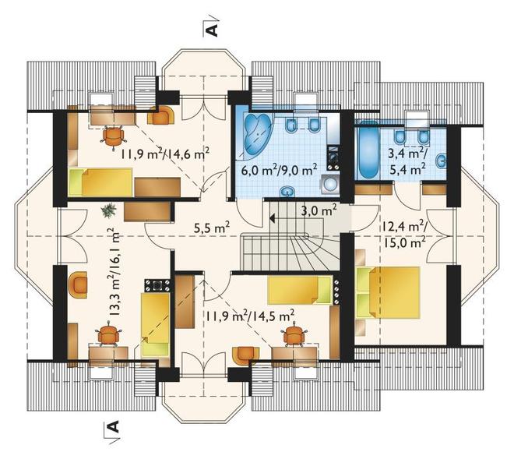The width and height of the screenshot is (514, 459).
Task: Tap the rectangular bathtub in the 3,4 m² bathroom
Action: (368, 151)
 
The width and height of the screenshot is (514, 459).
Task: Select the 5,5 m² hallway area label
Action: (211, 228)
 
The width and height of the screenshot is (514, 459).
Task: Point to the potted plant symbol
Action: (108, 210)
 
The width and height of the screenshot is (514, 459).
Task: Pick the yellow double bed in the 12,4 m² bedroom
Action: (388, 292)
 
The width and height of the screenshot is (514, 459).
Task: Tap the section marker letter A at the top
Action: (213, 29)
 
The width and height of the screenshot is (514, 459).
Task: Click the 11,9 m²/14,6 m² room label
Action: (165, 153)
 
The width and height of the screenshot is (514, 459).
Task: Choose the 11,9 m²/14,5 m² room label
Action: (250, 316)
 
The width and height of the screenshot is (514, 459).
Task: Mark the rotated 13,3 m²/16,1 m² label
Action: (114, 271)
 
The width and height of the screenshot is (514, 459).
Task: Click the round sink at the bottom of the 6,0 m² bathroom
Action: (288, 192)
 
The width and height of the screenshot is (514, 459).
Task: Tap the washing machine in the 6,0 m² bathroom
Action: (330, 185)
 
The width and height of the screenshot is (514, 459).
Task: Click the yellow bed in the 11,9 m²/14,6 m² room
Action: (100, 182)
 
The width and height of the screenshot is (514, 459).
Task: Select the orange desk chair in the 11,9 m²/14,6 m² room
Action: (114, 136)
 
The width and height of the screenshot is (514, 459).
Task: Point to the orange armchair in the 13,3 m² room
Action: (79, 284)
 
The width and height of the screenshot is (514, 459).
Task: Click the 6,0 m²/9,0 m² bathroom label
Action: (279, 170)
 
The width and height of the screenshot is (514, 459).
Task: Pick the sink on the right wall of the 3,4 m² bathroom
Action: (442, 161)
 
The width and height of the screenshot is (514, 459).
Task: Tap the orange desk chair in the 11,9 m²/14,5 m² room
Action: (294, 334)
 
